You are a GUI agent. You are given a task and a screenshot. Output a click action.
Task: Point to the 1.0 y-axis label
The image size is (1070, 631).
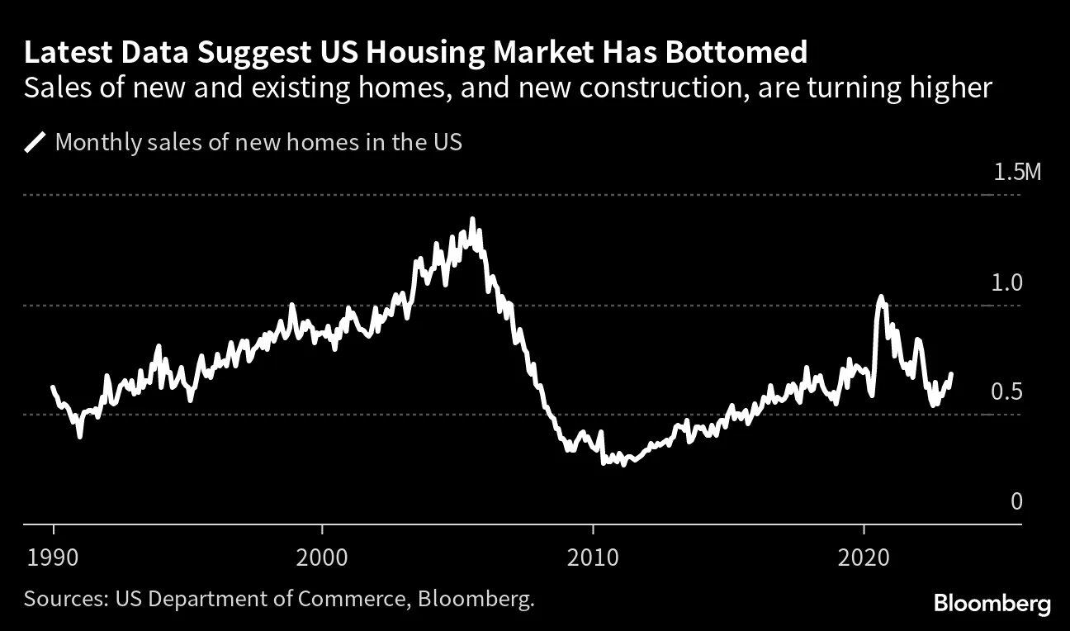pos(1006,282)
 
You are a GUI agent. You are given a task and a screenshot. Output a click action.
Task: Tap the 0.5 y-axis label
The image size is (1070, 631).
pos(1006,391)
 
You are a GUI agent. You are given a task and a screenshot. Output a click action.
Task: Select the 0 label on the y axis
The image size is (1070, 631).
pos(1016,501)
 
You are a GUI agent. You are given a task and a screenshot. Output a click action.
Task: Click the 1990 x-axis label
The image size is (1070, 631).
pos(54,557)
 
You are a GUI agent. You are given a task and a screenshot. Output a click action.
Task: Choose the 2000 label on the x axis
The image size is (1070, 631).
pos(323,557)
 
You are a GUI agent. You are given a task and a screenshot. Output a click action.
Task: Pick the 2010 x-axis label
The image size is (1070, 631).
pos(592,557)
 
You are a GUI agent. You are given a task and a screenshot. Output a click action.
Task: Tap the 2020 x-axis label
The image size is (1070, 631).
pos(863,557)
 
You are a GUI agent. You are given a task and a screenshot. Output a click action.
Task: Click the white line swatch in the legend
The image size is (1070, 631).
pos(35,143)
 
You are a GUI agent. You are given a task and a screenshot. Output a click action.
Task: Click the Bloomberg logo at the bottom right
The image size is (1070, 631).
pos(992,603)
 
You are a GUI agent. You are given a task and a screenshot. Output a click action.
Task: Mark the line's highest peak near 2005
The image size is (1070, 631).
pos(472,219)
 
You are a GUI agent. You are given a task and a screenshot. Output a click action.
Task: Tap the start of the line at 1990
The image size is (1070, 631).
pos(53,387)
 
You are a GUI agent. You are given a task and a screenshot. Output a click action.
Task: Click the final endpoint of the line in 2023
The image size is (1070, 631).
pos(951,373)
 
